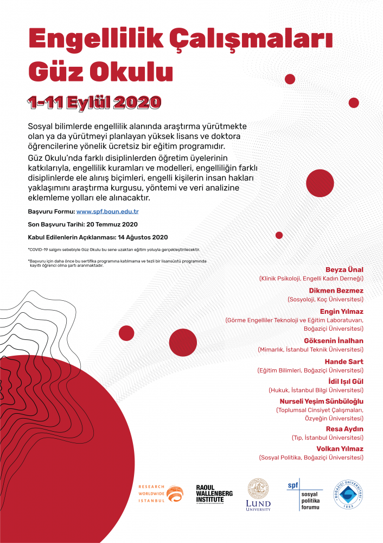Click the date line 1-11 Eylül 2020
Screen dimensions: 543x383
point(95,102)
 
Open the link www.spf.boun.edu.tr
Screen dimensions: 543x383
point(107,211)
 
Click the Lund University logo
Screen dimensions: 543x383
point(258,495)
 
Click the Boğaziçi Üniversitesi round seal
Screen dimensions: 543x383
point(348,495)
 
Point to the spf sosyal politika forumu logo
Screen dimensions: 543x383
point(304,495)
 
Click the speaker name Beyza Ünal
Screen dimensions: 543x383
point(344,270)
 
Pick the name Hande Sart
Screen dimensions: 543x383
point(344,362)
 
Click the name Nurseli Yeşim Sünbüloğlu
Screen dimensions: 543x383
point(321,401)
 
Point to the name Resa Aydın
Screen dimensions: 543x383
point(344,429)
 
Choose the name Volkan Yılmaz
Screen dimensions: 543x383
point(340,449)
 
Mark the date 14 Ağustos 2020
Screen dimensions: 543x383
point(141,237)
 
